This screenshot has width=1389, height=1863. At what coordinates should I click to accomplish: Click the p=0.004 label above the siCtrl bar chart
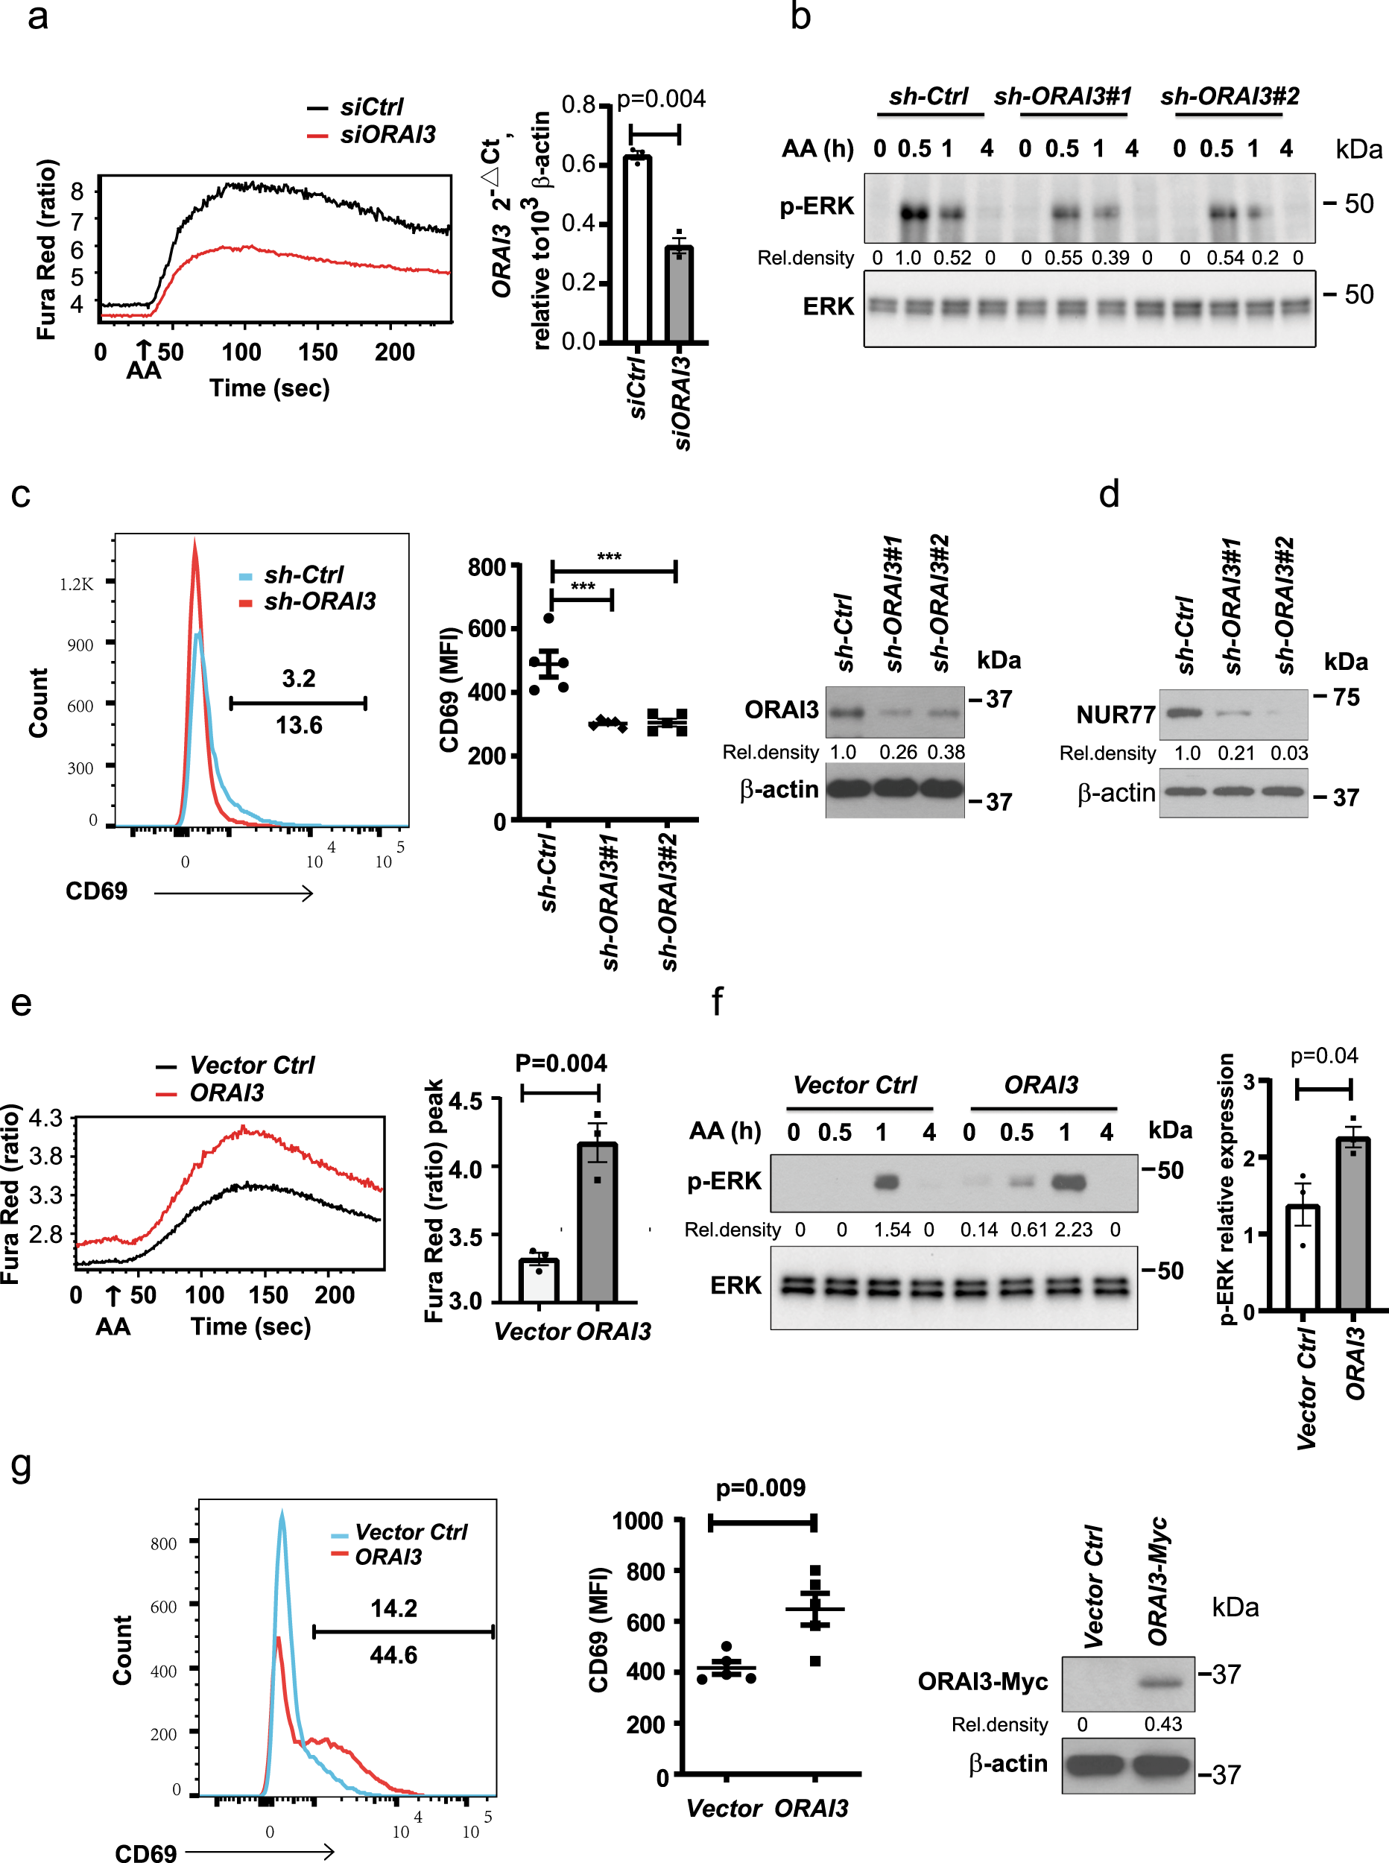pyautogui.click(x=661, y=99)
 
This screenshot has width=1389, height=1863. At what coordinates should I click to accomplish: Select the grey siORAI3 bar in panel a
pyautogui.click(x=679, y=294)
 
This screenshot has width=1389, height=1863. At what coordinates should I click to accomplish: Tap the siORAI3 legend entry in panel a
pyautogui.click(x=387, y=135)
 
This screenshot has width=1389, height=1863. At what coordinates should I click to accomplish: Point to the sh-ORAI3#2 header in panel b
pyautogui.click(x=1230, y=97)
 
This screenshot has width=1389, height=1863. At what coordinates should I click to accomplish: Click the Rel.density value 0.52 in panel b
pyautogui.click(x=952, y=257)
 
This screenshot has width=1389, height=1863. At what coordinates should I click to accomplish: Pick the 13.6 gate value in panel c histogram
pyautogui.click(x=299, y=724)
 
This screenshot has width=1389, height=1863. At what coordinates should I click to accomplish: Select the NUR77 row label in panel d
pyautogui.click(x=1116, y=715)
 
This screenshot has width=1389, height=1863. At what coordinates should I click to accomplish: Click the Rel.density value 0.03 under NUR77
pyautogui.click(x=1289, y=753)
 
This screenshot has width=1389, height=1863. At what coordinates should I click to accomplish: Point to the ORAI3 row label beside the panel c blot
pyautogui.click(x=781, y=710)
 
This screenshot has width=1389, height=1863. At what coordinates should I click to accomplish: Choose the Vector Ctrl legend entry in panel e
pyautogui.click(x=251, y=1065)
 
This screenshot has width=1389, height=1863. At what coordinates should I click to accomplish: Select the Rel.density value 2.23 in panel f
pyautogui.click(x=1074, y=1229)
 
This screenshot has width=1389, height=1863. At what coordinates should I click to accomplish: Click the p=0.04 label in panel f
pyautogui.click(x=1324, y=1055)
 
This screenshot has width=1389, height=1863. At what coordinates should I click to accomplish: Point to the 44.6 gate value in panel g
pyautogui.click(x=393, y=1654)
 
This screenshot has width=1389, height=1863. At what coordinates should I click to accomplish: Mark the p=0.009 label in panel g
pyautogui.click(x=760, y=1488)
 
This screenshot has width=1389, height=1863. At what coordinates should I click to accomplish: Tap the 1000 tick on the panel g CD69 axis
pyautogui.click(x=637, y=1521)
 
